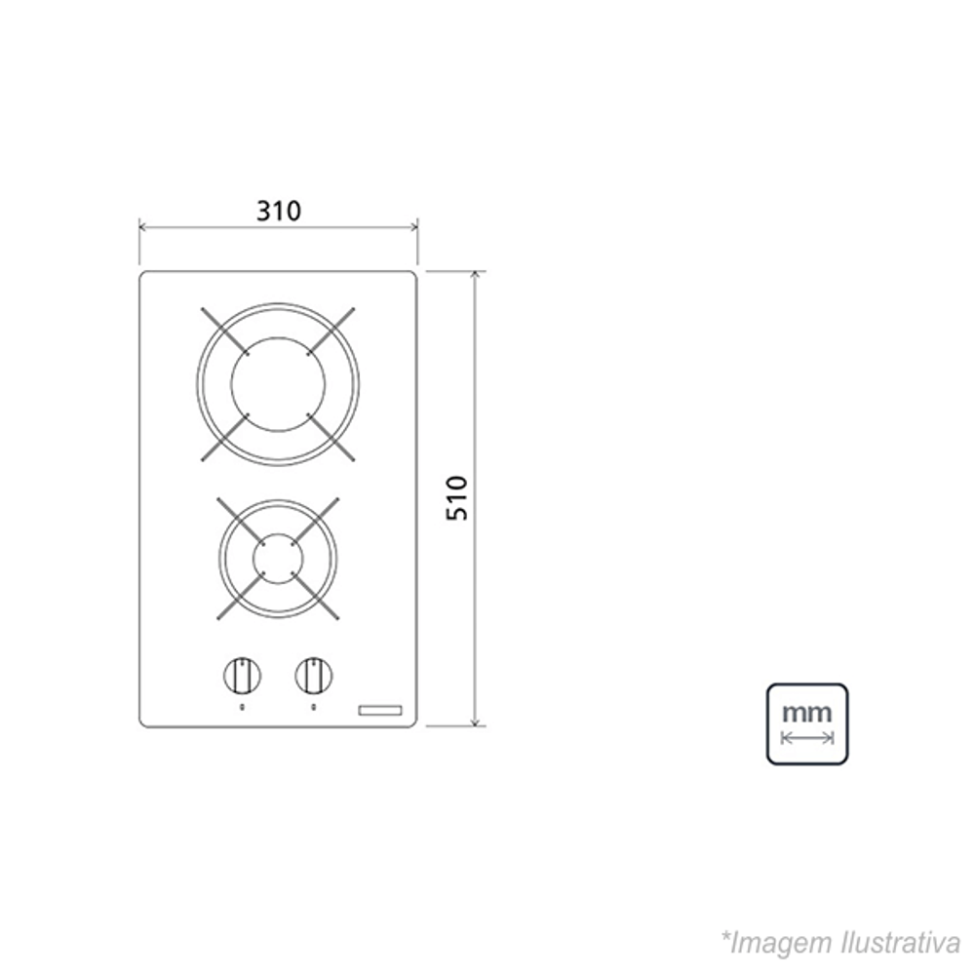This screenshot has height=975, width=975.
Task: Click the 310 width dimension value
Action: [279, 210]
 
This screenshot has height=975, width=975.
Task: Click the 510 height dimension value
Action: [457, 497]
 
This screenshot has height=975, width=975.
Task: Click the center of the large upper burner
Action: [278, 384]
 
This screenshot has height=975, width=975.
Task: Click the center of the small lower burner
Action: [278, 558]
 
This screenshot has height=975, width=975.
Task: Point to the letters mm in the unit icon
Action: [807, 712]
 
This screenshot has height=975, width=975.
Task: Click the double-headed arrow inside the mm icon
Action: [807, 738]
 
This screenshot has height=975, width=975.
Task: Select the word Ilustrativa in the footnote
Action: [899, 943]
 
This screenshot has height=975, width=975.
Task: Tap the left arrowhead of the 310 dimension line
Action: [143, 228]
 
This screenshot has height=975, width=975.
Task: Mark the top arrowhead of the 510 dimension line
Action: [476, 275]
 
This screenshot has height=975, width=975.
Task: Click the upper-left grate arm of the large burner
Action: [223, 331]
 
